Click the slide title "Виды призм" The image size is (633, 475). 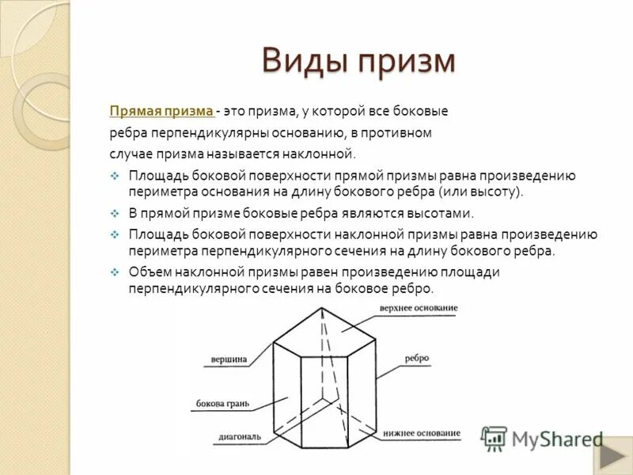point(358,61)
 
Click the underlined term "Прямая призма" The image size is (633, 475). point(161,112)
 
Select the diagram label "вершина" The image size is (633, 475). point(229,359)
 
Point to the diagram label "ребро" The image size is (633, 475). point(416,358)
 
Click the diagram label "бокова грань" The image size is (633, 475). point(222,404)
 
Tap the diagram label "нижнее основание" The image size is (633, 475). point(422,433)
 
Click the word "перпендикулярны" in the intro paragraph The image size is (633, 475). point(202,132)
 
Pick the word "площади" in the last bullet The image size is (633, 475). point(472,272)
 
